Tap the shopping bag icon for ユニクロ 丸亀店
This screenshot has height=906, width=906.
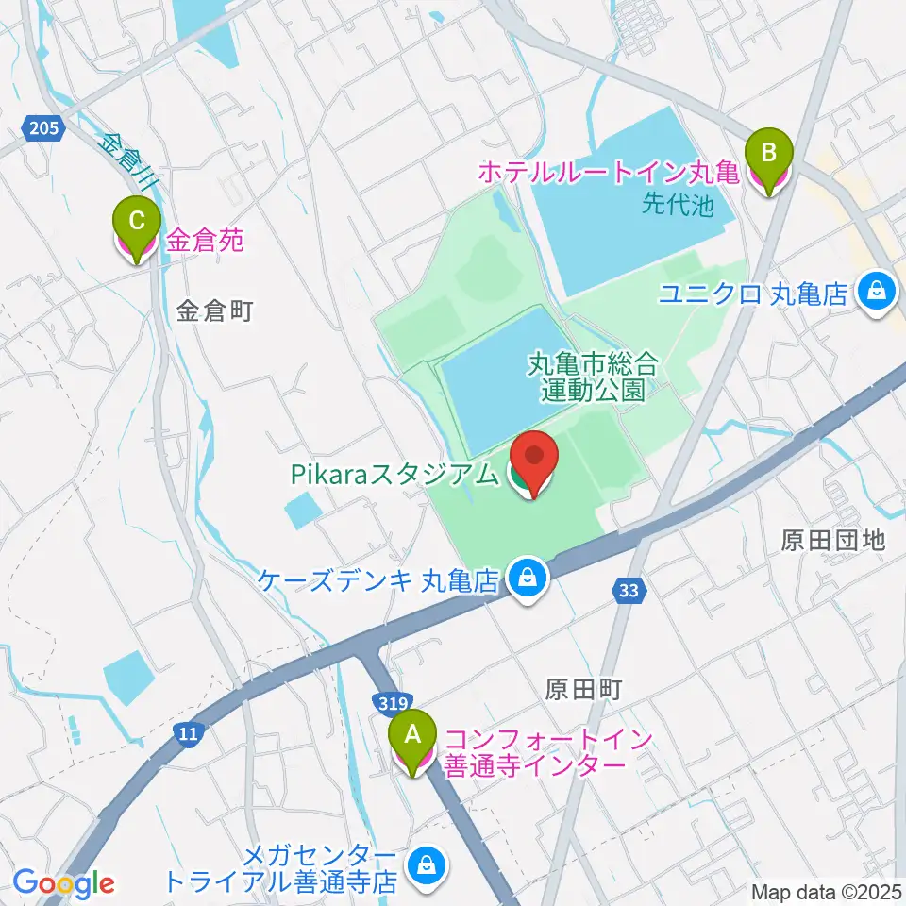coord(877,293)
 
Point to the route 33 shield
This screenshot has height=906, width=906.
coord(629,591)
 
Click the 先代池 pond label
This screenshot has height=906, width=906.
coord(678,204)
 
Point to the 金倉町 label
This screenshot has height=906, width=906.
coord(214,312)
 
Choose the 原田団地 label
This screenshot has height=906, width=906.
coord(833,540)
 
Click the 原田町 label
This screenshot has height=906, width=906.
coord(583,689)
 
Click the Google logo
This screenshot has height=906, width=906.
coord(63,883)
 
